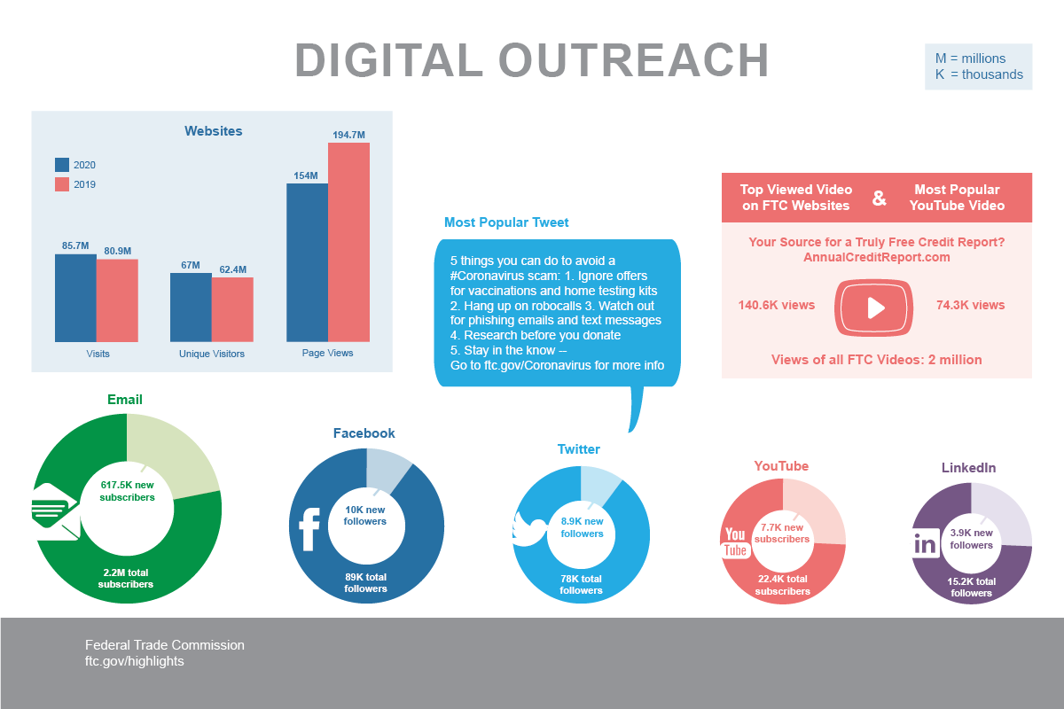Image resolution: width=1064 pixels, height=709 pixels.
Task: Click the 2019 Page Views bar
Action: pyautogui.click(x=348, y=242)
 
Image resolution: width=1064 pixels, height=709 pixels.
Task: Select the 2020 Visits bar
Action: pyautogui.click(x=75, y=298)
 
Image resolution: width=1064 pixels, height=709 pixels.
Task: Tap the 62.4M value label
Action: pyautogui.click(x=233, y=269)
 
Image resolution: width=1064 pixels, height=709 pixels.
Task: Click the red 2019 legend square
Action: pyautogui.click(x=62, y=184)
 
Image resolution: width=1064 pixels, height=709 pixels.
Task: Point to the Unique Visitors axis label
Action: pyautogui.click(x=212, y=354)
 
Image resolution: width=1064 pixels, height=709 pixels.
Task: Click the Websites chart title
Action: pyautogui.click(x=213, y=131)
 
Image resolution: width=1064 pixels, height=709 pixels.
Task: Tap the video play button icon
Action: pyautogui.click(x=874, y=308)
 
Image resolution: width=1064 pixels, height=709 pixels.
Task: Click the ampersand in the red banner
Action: pyautogui.click(x=879, y=199)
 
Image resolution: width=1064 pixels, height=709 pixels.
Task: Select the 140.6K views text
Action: pyautogui.click(x=776, y=305)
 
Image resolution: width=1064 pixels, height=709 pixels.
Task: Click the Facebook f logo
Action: pyautogui.click(x=309, y=529)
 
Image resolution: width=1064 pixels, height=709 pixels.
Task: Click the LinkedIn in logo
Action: pyautogui.click(x=925, y=543)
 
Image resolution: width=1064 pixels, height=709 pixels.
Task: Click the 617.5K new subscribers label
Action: pyautogui.click(x=127, y=491)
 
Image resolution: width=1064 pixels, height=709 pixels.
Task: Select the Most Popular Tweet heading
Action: pyautogui.click(x=506, y=222)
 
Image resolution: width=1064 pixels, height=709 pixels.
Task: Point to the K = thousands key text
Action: pyautogui.click(x=979, y=74)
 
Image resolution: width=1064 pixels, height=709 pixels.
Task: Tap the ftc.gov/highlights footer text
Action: pyautogui.click(x=135, y=661)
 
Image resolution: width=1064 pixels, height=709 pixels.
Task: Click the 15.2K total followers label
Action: pyautogui.click(x=971, y=587)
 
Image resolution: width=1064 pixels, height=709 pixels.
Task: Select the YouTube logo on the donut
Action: pyautogui.click(x=736, y=541)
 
